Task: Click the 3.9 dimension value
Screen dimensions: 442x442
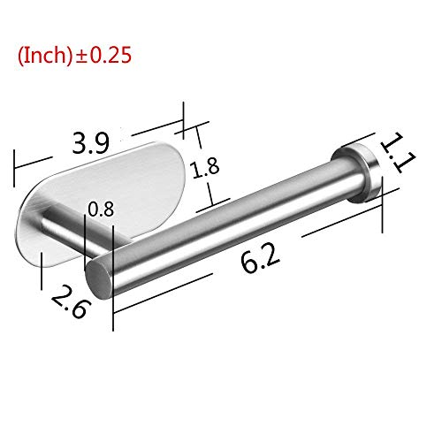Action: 91,143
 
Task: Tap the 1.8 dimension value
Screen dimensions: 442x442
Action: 206,168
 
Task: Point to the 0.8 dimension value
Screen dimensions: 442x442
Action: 101,210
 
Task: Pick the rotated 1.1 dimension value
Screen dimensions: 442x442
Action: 398,153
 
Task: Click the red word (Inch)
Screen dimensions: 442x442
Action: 44,56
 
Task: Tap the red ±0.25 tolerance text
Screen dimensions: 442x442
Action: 103,56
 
